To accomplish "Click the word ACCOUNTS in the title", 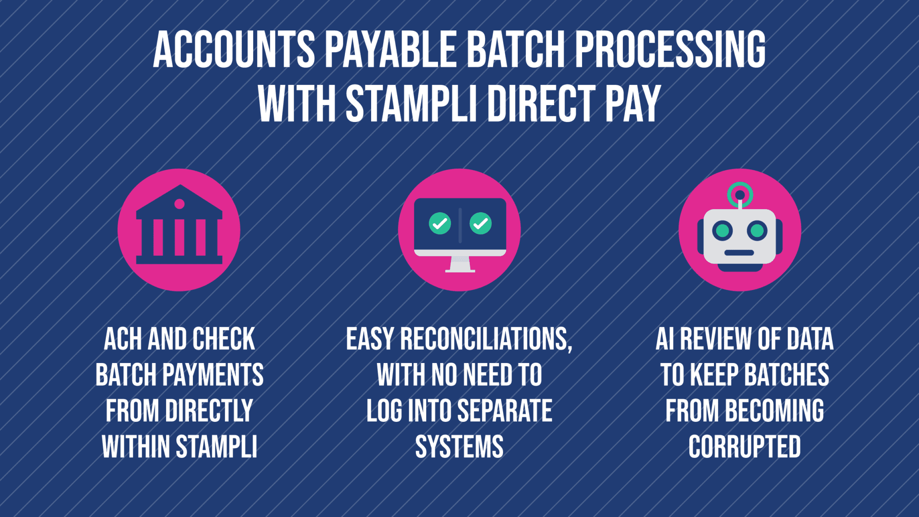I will click(x=234, y=50).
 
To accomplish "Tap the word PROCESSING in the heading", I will click(x=670, y=50).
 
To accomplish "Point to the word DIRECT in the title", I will click(x=541, y=104).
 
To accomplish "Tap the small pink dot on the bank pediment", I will click(x=179, y=204).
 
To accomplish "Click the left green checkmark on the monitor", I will click(x=440, y=223).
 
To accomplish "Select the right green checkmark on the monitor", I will click(x=481, y=223).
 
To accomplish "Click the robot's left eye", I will click(x=722, y=231).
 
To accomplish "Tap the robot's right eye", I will click(x=757, y=231).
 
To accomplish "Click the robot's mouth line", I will click(x=739, y=253).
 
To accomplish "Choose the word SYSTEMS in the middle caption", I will click(x=459, y=447).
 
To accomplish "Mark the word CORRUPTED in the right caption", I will click(x=744, y=447).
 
